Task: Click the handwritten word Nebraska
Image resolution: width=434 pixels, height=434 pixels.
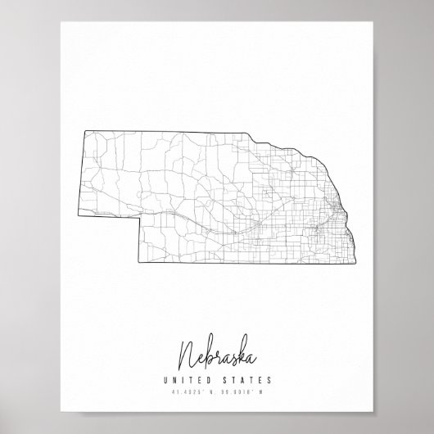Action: [x=216, y=333]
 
